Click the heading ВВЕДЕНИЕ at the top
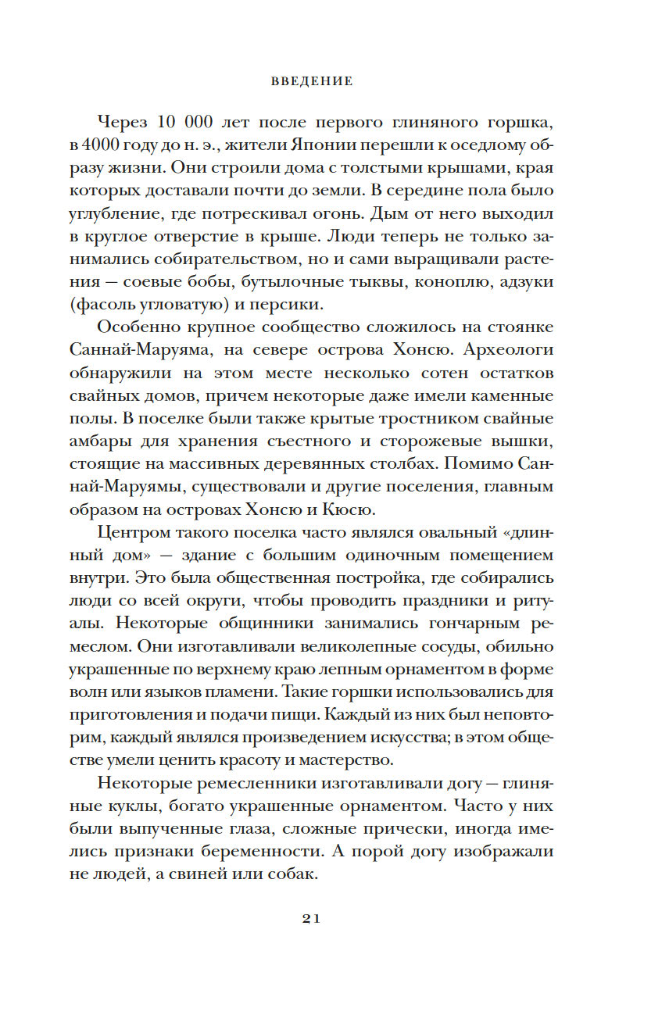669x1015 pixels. [312, 80]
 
